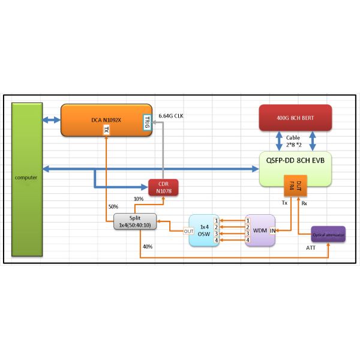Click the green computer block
26,179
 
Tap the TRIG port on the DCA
146,122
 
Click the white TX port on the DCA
106,130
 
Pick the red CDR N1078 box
164,188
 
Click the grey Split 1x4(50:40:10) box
135,221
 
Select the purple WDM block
260,230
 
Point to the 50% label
113,207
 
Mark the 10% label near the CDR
139,199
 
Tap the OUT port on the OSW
188,231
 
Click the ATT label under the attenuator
310,248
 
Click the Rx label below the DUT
304,203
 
